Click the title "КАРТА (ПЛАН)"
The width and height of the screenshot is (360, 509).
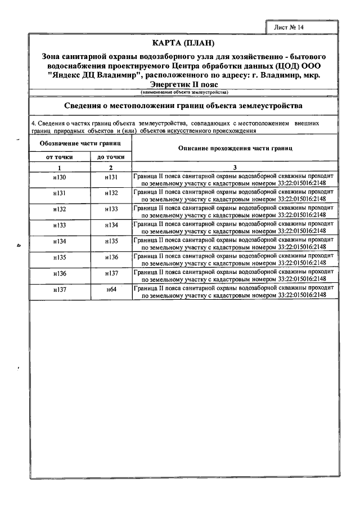(183, 43)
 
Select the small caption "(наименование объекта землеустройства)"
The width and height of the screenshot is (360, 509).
(184, 91)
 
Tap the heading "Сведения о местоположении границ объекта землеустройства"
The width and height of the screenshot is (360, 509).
(183, 105)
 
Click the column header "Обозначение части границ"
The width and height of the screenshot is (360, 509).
(80, 144)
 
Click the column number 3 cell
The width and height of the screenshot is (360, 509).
(235, 168)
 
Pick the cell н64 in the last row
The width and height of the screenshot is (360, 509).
(111, 290)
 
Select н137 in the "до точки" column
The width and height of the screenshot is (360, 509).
(111, 274)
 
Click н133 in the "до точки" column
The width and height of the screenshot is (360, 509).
(111, 210)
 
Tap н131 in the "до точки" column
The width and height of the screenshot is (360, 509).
(111, 178)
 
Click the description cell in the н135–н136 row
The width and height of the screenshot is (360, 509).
(235, 258)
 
